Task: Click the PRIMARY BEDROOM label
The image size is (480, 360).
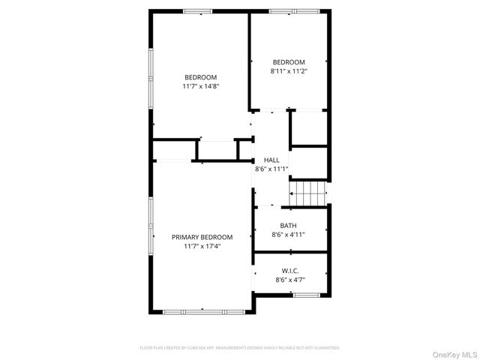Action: click(x=202, y=237)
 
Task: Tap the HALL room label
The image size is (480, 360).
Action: click(x=271, y=160)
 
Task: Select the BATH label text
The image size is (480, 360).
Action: click(x=288, y=226)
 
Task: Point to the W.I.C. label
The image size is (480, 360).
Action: click(x=290, y=271)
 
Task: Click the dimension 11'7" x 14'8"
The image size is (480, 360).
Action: click(x=201, y=86)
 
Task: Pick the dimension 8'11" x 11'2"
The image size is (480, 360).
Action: click(x=289, y=70)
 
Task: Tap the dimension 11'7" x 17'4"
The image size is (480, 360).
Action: click(x=202, y=246)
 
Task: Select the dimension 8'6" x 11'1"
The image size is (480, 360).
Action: click(x=271, y=169)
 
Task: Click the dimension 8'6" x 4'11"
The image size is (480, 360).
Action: click(x=288, y=235)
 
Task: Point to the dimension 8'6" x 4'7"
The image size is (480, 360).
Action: click(x=290, y=280)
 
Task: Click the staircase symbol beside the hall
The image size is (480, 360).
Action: click(x=310, y=193)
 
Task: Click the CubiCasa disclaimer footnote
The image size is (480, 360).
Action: click(x=240, y=348)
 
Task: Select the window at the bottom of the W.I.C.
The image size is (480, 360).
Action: click(x=306, y=295)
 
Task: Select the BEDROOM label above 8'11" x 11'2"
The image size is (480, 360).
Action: click(x=289, y=61)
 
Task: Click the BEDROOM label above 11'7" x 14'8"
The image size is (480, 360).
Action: click(x=201, y=77)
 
